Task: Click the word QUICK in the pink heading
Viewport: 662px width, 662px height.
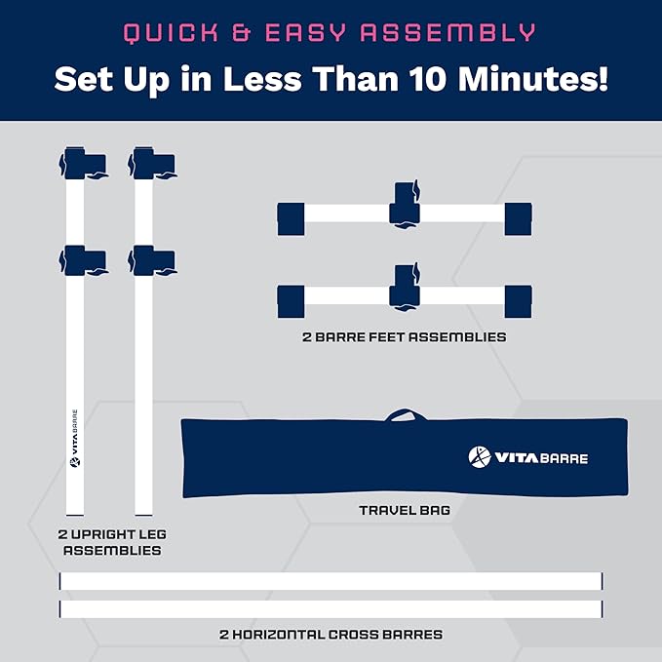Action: (171, 33)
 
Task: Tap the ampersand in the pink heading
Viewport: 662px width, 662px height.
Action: (242, 32)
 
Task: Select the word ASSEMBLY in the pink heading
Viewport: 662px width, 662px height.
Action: (448, 32)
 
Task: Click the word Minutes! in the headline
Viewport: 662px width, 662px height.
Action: (533, 79)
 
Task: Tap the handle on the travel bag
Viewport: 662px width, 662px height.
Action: (405, 414)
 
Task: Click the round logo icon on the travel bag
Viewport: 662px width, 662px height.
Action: (480, 457)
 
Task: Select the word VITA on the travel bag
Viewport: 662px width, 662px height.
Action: (517, 458)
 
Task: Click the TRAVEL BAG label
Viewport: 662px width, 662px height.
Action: (405, 511)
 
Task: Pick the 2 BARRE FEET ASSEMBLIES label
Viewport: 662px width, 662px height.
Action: (404, 337)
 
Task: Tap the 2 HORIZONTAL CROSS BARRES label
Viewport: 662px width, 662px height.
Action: (331, 634)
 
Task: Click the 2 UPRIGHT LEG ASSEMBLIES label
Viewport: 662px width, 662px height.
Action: (112, 542)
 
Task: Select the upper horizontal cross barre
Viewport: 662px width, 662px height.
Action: (331, 581)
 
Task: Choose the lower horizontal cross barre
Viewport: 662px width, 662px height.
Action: (331, 609)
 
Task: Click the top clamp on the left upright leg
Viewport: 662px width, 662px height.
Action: (83, 163)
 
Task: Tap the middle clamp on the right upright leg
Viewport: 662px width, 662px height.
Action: (152, 260)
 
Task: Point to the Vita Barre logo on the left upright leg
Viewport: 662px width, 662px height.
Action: (75, 438)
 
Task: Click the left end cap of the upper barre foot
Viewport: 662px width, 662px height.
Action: (291, 218)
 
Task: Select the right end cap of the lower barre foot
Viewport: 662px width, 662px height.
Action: (519, 301)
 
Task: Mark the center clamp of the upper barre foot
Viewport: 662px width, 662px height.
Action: (405, 206)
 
